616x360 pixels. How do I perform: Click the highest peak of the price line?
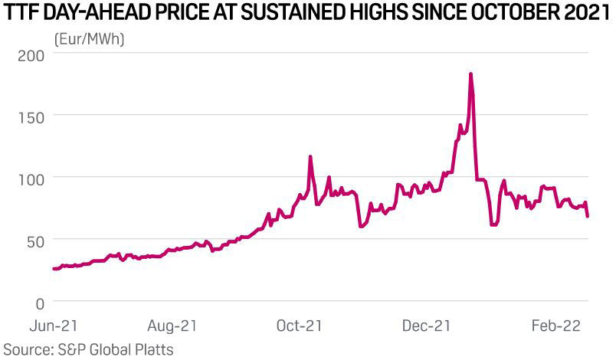click(x=470, y=74)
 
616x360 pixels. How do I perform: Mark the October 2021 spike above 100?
click(x=310, y=157)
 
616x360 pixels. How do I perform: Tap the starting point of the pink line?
click(x=53, y=269)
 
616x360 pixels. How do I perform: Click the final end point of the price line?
click(x=588, y=216)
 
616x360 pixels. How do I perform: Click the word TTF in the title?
click(x=21, y=13)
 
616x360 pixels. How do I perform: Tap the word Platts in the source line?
click(x=152, y=349)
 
